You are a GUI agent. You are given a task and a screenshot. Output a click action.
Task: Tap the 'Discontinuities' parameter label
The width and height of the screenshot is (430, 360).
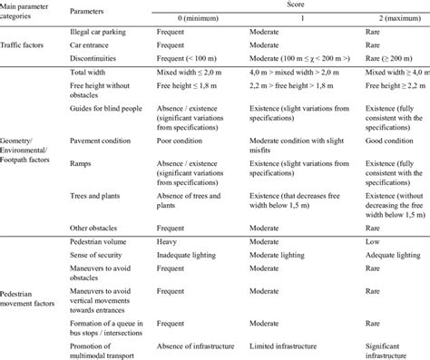click(96, 55)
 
